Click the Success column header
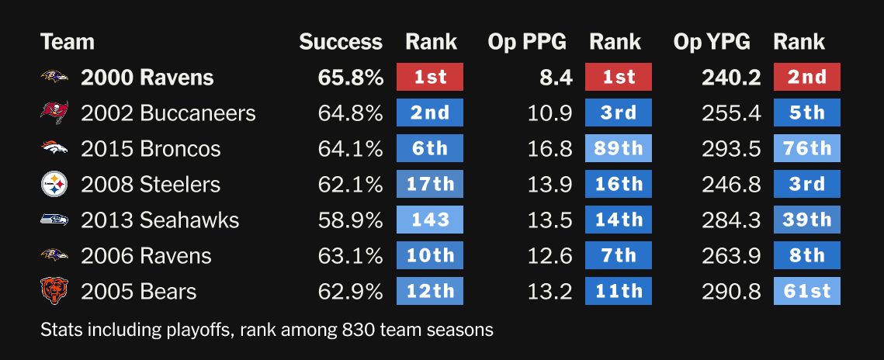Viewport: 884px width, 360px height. tap(341, 42)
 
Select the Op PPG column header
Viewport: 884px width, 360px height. tap(527, 42)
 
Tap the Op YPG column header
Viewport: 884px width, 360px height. tap(712, 42)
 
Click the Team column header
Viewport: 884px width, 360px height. tap(68, 42)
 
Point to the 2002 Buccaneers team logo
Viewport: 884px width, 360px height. tap(54, 113)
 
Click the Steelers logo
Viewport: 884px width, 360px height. tap(54, 185)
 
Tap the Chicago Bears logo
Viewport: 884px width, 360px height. tap(54, 292)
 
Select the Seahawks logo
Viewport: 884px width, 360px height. tap(54, 220)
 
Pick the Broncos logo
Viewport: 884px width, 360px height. tap(54, 149)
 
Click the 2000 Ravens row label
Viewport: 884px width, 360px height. tap(147, 78)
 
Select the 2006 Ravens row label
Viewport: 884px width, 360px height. tap(146, 256)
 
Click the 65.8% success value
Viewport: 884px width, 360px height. tap(350, 78)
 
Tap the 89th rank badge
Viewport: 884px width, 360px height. tap(619, 149)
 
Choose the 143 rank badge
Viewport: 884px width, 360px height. tap(430, 220)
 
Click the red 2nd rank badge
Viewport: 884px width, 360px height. tap(807, 78)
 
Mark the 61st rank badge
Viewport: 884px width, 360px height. tap(807, 292)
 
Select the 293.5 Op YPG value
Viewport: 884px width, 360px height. tap(731, 149)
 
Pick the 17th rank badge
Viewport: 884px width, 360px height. tap(430, 185)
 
